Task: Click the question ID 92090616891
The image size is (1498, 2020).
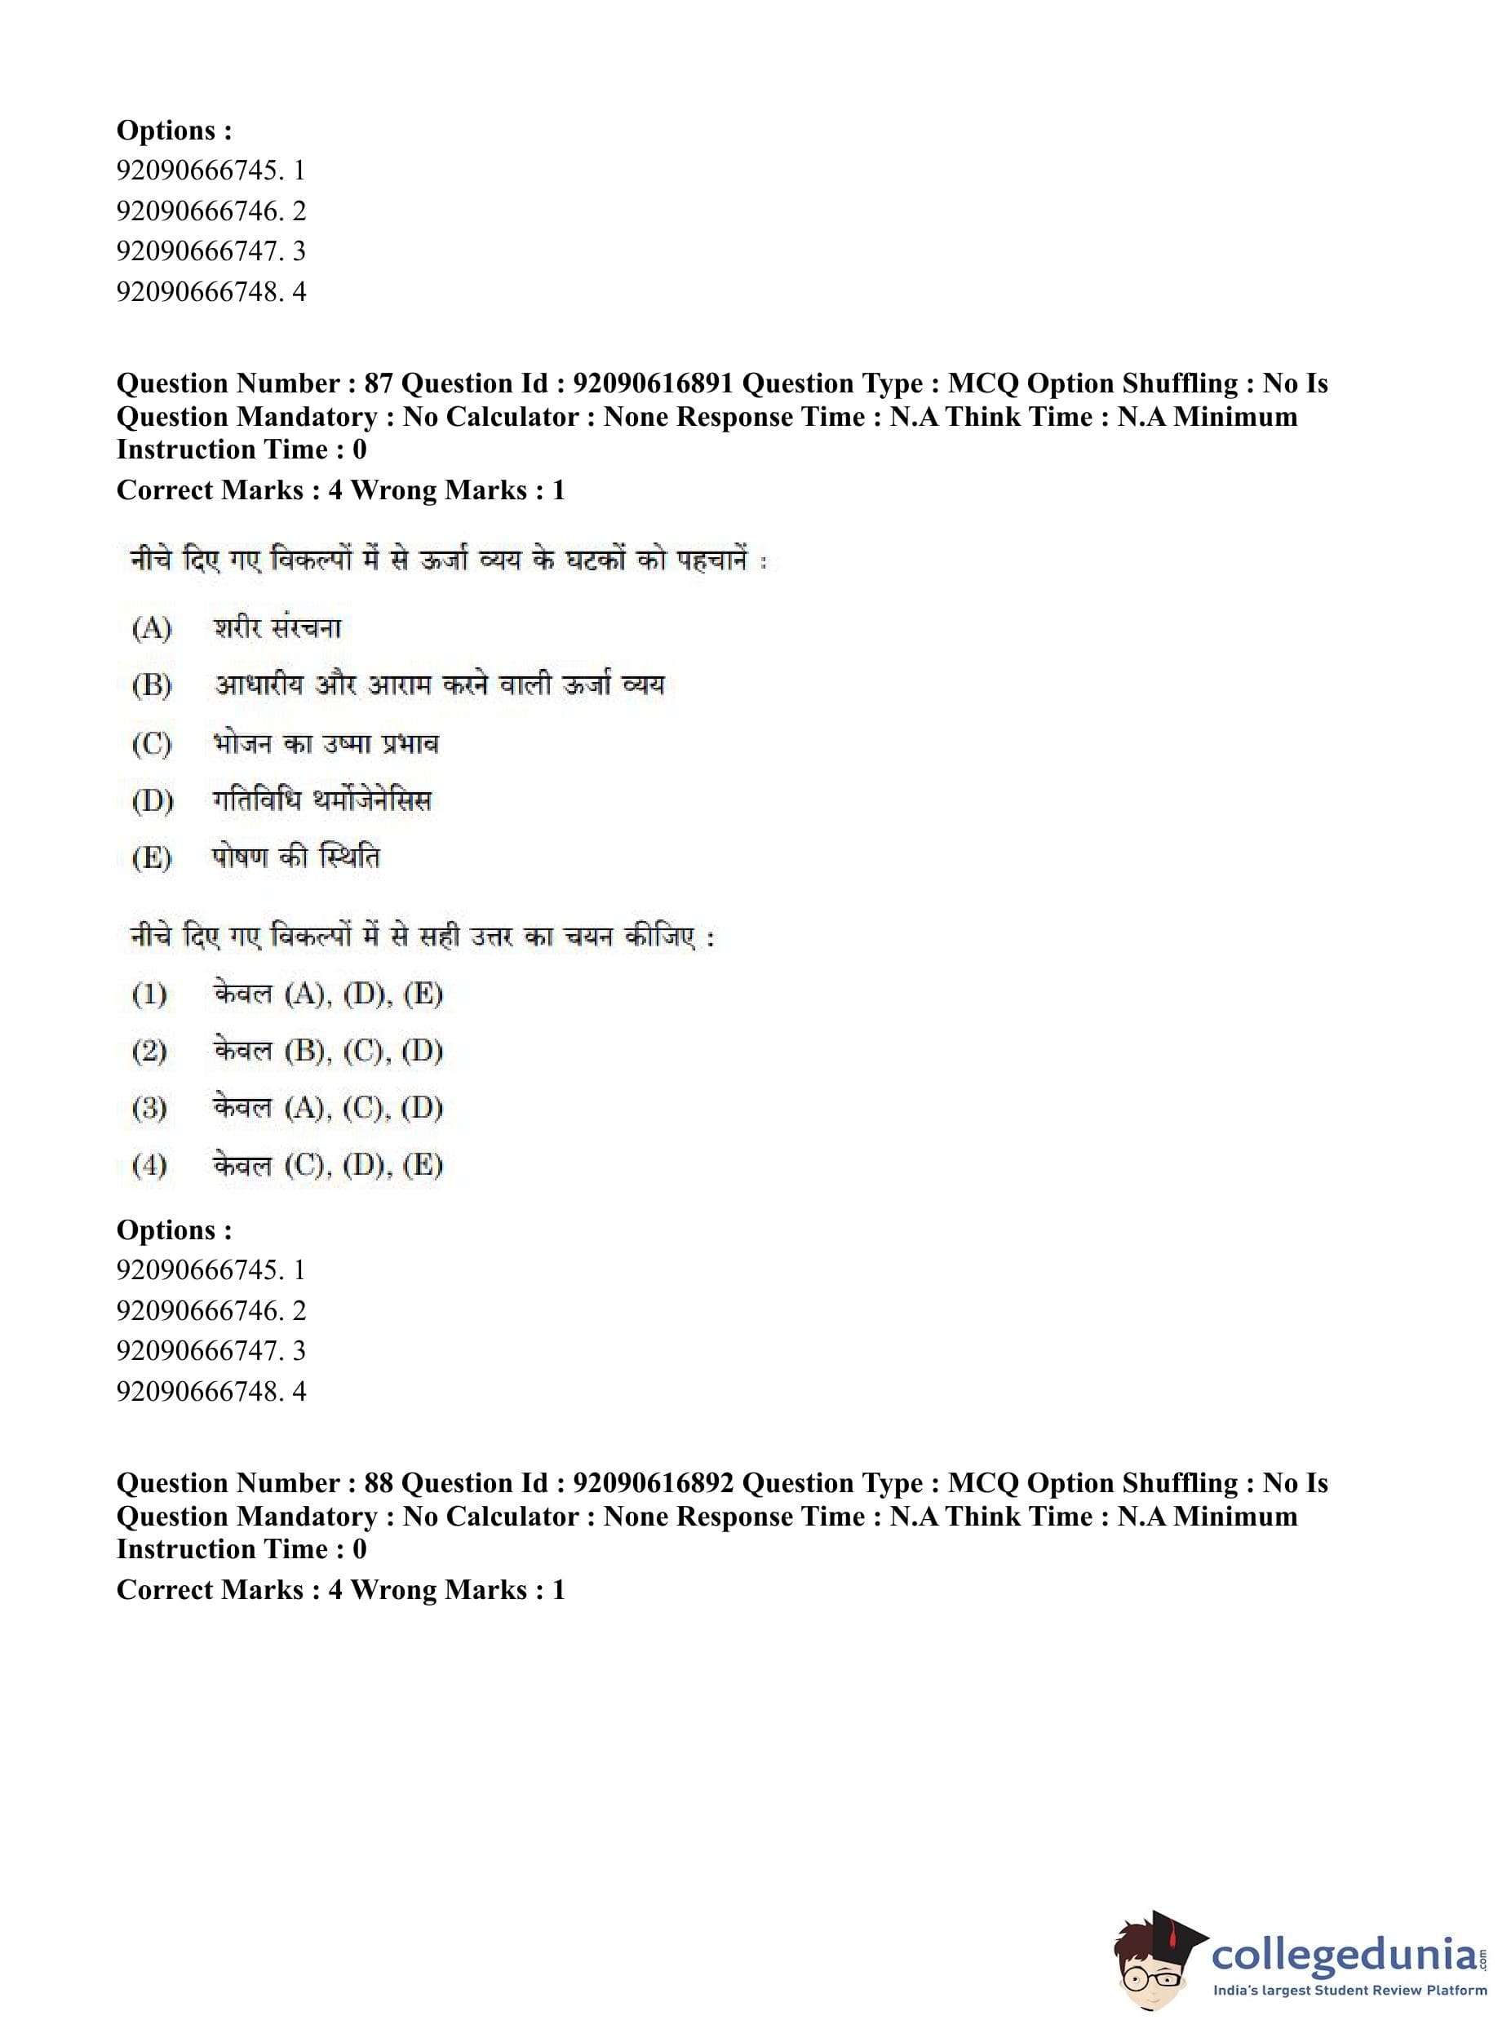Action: point(652,383)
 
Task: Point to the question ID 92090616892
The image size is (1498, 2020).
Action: point(652,1483)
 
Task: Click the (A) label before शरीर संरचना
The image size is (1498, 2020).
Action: point(152,627)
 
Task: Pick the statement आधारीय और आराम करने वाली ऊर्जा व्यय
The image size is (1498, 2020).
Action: point(439,684)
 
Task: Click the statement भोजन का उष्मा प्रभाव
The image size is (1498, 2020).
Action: point(326,743)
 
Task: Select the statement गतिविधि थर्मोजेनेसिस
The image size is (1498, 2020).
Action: point(322,800)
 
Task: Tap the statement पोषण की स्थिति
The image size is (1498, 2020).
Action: point(295,857)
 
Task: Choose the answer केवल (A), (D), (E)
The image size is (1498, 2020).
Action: point(327,994)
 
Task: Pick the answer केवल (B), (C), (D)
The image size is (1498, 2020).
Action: point(327,1052)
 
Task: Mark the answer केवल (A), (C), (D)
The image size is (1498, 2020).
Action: point(327,1108)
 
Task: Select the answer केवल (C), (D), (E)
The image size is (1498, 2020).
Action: point(327,1165)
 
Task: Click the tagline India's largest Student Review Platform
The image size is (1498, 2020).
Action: point(1350,1991)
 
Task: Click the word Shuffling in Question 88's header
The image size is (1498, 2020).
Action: point(1180,1483)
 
